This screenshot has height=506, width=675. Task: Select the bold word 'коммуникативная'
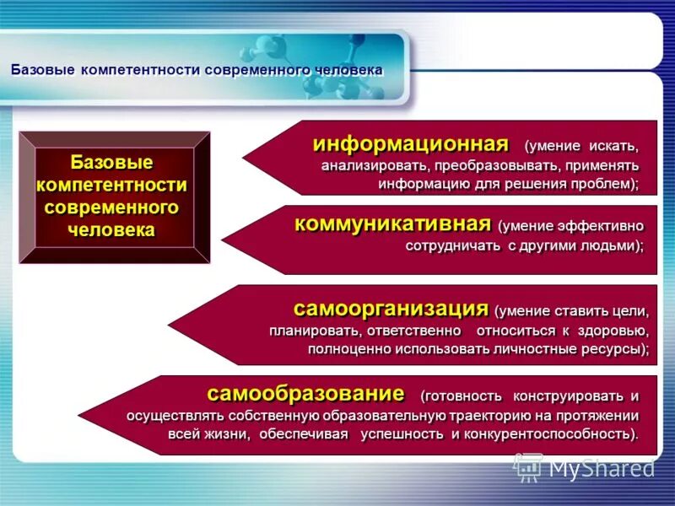pyautogui.click(x=392, y=223)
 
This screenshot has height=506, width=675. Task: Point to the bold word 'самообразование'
pyautogui.click(x=305, y=393)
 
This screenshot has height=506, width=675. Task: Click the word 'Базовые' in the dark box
pyautogui.click(x=111, y=162)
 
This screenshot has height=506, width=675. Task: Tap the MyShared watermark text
pyautogui.click(x=601, y=466)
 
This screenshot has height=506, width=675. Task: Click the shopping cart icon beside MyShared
pyautogui.click(x=527, y=466)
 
